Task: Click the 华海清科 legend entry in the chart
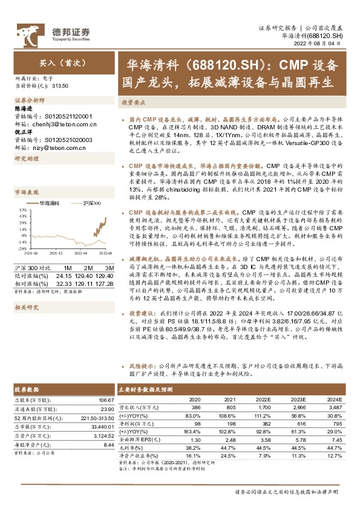click(x=48, y=204)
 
